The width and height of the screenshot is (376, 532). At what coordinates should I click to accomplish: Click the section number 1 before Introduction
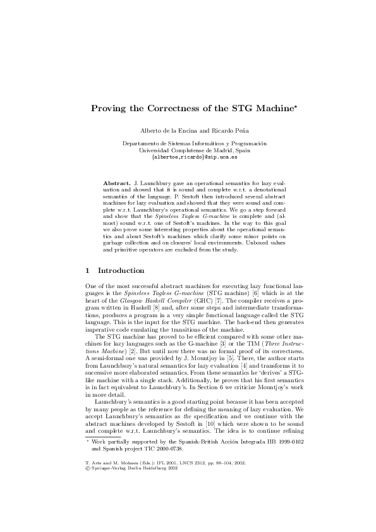click(x=88, y=270)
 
